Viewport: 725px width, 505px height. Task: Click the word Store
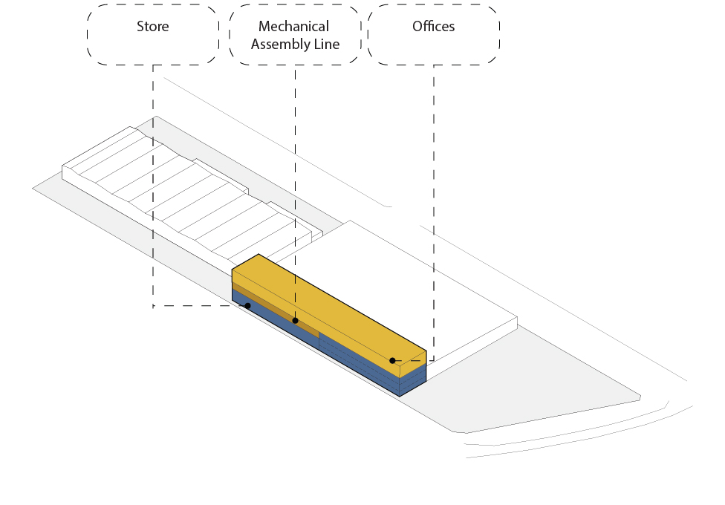tap(152, 26)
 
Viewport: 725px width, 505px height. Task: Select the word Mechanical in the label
tap(293, 26)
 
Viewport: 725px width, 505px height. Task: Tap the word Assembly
tap(279, 45)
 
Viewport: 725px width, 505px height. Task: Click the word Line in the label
tap(326, 44)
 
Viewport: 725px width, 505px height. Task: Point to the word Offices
tap(434, 26)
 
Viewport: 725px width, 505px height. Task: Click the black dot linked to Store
tap(248, 306)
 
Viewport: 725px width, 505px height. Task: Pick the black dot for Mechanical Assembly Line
tap(296, 321)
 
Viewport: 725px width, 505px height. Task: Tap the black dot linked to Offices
tap(392, 361)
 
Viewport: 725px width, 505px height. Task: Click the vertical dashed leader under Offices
tap(434, 212)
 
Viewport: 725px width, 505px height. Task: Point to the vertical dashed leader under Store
tap(153, 185)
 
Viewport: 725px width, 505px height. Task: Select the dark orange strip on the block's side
tap(276, 308)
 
